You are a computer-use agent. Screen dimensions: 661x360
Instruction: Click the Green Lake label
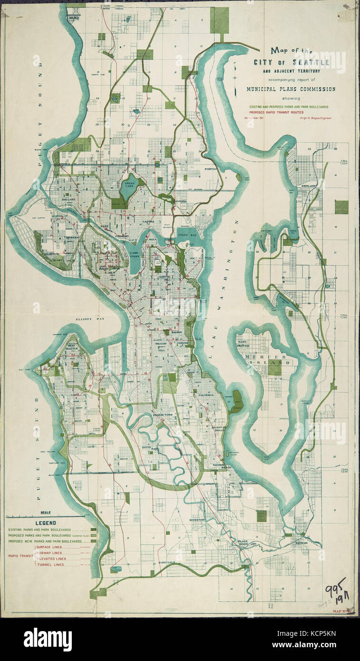[x=127, y=184]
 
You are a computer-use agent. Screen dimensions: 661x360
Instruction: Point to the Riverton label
[x=196, y=520]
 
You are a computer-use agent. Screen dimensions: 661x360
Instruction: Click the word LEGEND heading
[x=45, y=523]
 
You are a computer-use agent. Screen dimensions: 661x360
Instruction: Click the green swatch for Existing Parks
[x=93, y=529]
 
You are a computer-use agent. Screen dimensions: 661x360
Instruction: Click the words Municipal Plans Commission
[x=291, y=89]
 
